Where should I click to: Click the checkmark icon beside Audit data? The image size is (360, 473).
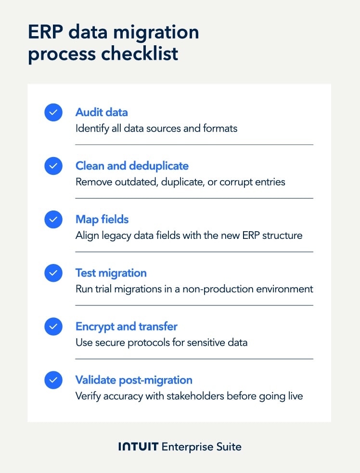coord(53,113)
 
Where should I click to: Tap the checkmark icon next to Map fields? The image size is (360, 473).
coord(53,219)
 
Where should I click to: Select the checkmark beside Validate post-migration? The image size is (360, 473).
coord(53,380)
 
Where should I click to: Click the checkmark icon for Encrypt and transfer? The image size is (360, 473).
coord(53,327)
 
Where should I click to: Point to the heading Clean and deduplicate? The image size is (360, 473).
coord(132,166)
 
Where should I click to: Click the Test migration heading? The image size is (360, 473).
coord(111,273)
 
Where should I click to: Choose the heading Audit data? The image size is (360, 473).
coord(102,112)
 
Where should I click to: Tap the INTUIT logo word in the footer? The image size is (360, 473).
coord(139,447)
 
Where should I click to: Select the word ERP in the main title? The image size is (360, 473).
coord(46,32)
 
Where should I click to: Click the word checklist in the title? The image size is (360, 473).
coord(140,53)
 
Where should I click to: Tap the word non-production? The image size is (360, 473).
coord(218,289)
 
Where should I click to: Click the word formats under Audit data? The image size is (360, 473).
coord(220,129)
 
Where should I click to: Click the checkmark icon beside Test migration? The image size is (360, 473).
coord(53,273)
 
